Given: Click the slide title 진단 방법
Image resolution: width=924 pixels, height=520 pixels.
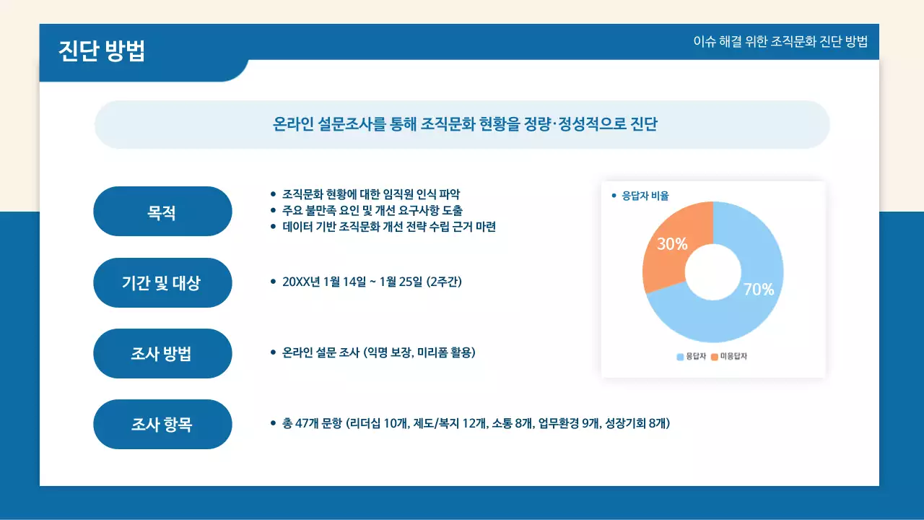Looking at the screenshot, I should click(102, 51).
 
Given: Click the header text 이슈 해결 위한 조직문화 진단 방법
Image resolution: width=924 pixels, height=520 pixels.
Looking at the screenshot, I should click(780, 41).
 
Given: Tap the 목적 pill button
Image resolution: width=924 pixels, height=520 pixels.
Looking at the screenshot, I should click(162, 212).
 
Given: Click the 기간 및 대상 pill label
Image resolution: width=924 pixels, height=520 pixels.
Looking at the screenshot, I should click(162, 282).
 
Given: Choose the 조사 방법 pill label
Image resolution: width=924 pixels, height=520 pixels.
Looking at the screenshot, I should click(162, 353).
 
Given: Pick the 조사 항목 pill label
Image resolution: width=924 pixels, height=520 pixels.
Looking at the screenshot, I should click(162, 424).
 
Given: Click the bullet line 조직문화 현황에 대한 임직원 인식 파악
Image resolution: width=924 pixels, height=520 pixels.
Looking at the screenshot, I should click(371, 194).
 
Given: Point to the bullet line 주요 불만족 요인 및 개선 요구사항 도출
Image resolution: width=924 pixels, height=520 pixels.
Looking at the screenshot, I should click(372, 210).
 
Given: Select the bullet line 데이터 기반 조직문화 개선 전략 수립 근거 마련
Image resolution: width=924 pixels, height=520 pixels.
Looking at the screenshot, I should click(389, 227).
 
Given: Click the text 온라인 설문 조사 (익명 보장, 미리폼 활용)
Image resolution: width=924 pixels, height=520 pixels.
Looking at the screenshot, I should click(379, 352).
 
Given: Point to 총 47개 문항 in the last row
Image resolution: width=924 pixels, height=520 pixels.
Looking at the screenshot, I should click(313, 423).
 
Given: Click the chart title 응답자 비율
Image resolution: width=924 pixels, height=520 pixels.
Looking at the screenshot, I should click(645, 196).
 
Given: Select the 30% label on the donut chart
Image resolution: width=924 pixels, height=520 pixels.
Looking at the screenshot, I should click(671, 244).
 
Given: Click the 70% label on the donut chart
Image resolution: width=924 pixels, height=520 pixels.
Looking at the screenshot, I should click(759, 290).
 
